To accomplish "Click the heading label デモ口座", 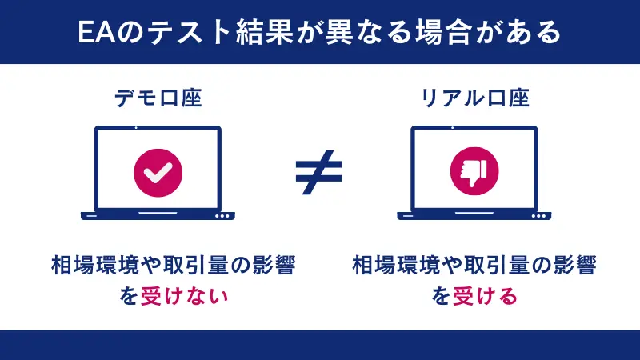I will point(158,99).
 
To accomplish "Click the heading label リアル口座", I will point(475,99).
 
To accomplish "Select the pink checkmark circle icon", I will point(158,170).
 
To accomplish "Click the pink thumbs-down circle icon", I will point(474,170).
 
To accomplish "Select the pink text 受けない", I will point(185,296).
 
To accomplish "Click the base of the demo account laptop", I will point(158,215).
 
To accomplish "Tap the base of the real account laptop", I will point(474,215).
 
